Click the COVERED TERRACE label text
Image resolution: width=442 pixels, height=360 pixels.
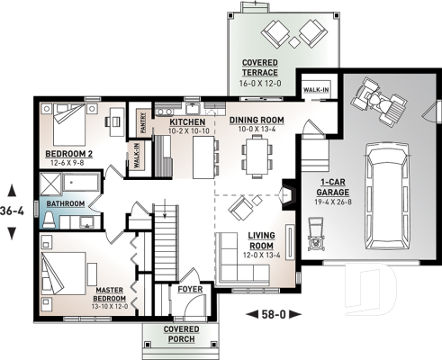click(259, 67)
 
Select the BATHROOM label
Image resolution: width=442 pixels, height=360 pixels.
click(67, 204)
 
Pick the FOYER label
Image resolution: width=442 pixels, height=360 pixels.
click(189, 290)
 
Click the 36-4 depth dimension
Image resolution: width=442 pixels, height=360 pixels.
click(13, 212)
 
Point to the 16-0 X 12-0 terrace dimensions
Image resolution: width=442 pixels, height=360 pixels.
click(259, 84)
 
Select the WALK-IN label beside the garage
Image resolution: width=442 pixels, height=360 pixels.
click(316, 91)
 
